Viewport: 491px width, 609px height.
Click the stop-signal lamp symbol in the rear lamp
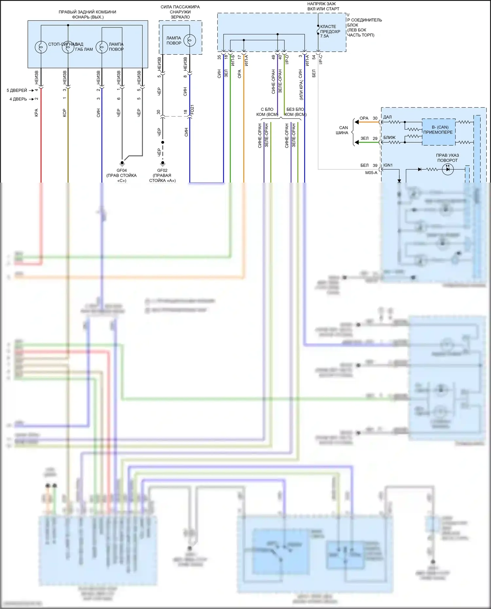coord(41,47)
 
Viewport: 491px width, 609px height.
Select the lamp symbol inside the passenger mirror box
coord(190,40)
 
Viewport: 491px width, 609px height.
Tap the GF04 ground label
coord(121,170)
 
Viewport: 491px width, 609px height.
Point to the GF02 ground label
coord(162,170)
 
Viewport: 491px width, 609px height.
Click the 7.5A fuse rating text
coord(324,36)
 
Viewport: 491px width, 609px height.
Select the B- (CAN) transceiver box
coord(438,132)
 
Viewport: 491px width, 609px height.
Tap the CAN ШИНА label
coord(343,130)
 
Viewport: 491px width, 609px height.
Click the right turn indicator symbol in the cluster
coord(447,169)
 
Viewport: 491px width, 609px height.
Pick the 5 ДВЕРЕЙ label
coord(17,90)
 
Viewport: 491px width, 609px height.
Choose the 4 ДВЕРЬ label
coord(18,99)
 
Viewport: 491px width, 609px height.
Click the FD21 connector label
coord(192,109)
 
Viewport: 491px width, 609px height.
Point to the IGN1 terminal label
coord(388,165)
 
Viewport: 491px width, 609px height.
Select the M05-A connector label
coord(371,173)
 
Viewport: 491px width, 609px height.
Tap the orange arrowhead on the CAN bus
coord(357,122)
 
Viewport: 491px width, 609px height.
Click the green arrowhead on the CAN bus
coord(357,142)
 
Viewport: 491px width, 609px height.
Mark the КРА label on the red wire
coord(36,113)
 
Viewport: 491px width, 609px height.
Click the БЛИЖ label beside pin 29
coord(390,137)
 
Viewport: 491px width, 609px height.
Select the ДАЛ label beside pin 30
coord(388,117)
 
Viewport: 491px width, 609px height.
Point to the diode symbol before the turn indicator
coord(420,169)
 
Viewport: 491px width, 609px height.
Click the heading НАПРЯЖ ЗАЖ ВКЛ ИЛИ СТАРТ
coord(323,6)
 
